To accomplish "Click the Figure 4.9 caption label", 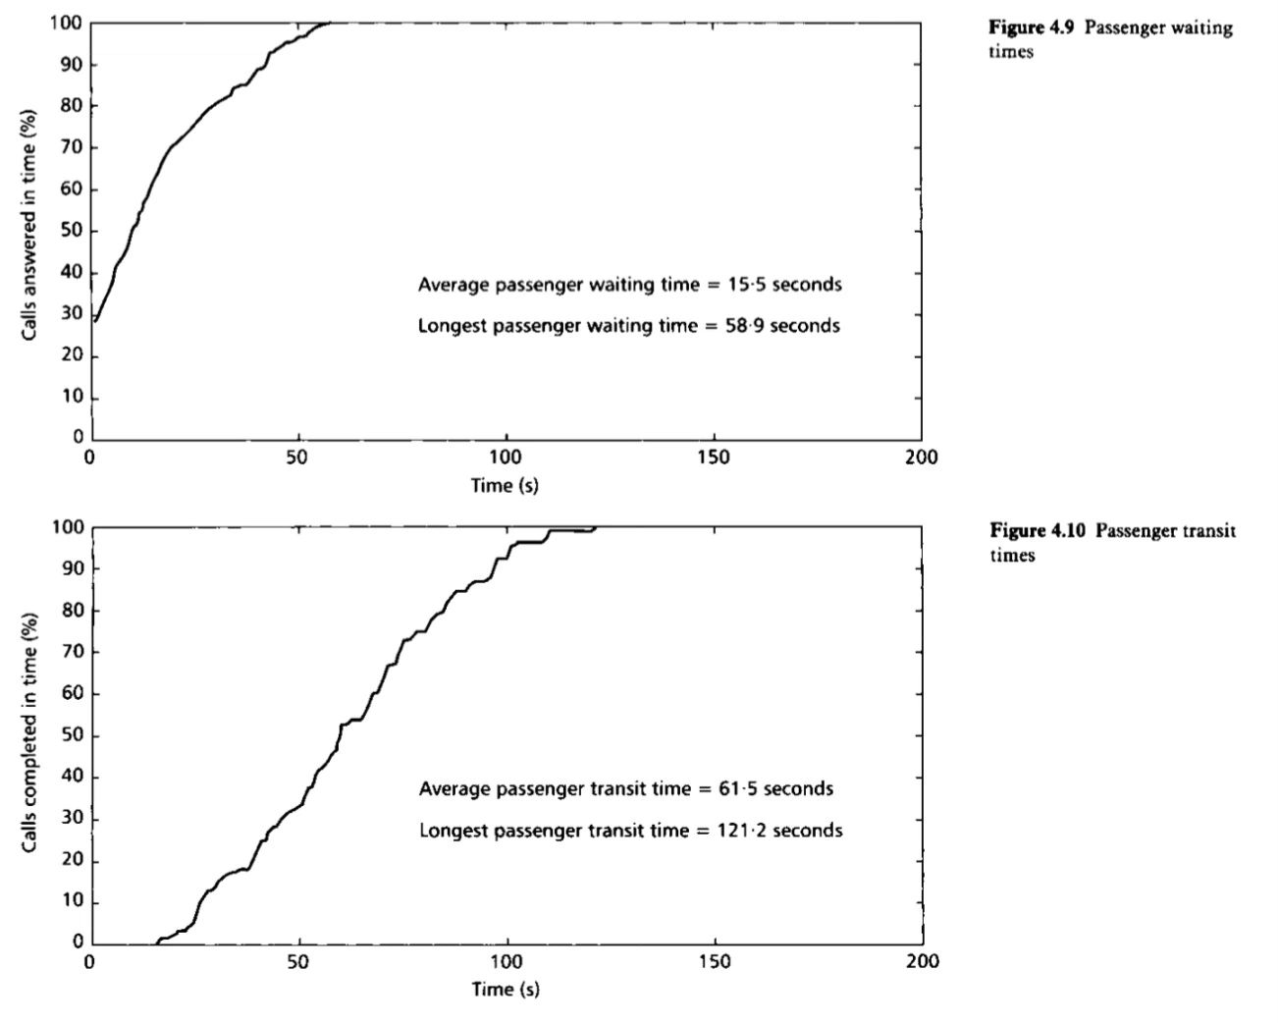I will click(x=1032, y=27).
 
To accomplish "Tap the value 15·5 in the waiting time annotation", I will click(x=744, y=285).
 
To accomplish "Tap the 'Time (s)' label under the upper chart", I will click(x=505, y=485).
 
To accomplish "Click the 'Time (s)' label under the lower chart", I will click(x=505, y=989).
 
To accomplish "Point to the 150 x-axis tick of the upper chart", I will click(x=714, y=458).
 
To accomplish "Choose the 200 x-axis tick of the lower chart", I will click(x=923, y=961).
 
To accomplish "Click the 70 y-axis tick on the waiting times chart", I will click(x=71, y=148).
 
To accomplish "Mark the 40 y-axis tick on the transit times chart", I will click(x=71, y=778).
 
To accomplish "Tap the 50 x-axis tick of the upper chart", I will click(x=298, y=458).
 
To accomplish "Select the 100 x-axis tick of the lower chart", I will click(x=506, y=961).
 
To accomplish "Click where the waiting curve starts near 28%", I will click(x=95, y=320).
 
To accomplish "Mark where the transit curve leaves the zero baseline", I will click(x=157, y=942).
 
